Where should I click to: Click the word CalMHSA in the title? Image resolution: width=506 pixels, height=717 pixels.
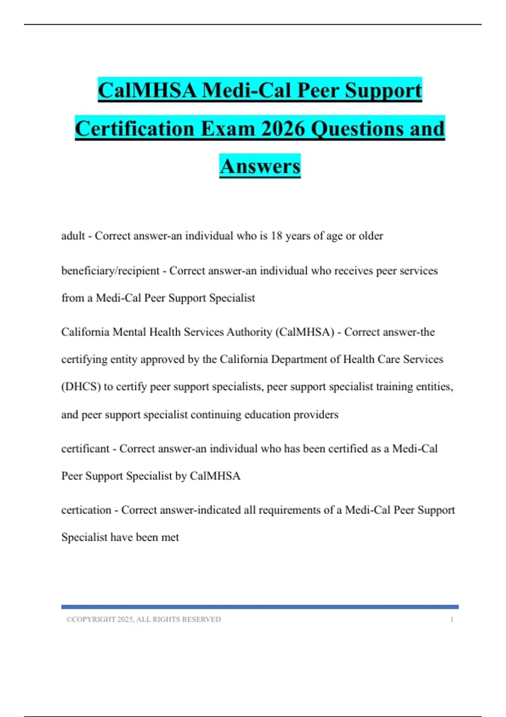click(x=147, y=90)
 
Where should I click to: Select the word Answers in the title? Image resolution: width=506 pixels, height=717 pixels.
click(x=260, y=166)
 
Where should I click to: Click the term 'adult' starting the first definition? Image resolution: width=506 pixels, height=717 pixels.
click(x=73, y=236)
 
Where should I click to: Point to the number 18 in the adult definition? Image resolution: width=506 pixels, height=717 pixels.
click(x=277, y=236)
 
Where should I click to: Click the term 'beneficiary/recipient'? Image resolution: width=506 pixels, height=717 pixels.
click(x=110, y=271)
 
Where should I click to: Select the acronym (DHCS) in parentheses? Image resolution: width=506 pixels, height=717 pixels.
click(x=81, y=387)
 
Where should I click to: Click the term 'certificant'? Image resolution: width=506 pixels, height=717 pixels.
click(x=85, y=448)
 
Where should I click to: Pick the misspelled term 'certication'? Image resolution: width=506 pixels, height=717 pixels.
click(x=86, y=510)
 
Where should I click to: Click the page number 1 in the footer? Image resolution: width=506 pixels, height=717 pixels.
click(x=452, y=620)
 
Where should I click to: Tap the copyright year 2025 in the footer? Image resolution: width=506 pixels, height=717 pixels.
click(x=125, y=620)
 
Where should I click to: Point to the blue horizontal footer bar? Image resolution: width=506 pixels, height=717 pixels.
click(x=260, y=607)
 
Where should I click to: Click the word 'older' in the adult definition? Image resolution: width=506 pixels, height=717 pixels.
click(x=371, y=236)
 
